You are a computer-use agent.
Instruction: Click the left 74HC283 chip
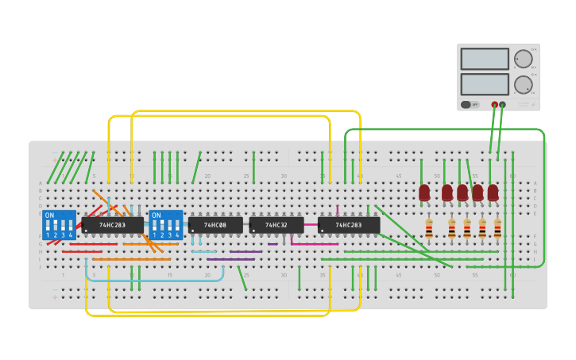pos(112,225)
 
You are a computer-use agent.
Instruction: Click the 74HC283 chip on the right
pos(349,225)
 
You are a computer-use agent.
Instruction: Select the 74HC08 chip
pos(215,225)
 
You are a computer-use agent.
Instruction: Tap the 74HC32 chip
pos(276,225)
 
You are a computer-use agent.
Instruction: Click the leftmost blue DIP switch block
pos(60,225)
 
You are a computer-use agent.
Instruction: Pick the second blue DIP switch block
pos(166,225)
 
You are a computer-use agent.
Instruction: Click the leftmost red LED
pos(424,192)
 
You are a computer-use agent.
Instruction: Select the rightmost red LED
pos(493,192)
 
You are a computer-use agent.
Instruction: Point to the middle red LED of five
pos(462,192)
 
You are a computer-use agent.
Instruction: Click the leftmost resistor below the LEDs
pos(429,229)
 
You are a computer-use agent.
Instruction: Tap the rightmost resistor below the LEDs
pos(497,229)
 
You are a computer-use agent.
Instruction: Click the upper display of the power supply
pos(485,59)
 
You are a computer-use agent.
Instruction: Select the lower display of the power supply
pos(485,83)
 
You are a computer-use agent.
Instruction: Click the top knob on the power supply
pos(523,59)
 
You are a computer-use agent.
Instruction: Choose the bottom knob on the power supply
pos(523,84)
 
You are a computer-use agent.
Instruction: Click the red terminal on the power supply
pos(495,104)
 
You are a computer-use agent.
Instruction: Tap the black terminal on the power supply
pos(502,104)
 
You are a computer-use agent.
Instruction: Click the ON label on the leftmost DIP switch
pos(49,215)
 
